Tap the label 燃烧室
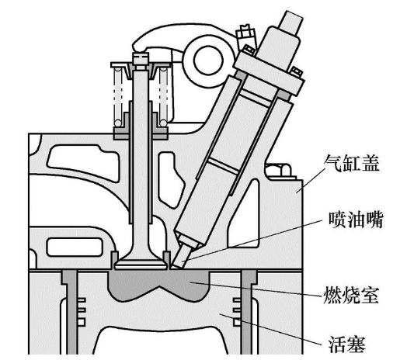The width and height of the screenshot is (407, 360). pos(351,295)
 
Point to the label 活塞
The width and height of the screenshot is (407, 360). pos(347,344)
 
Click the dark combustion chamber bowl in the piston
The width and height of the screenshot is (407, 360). pos(158,285)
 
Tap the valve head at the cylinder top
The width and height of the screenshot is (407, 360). pos(141,263)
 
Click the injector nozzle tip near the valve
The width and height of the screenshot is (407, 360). pos(182,257)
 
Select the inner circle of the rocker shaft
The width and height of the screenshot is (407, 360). pos(209,61)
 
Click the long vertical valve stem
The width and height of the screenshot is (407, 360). pos(141,161)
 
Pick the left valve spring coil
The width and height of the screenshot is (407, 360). pos(118,97)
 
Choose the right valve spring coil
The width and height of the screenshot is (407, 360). pos(164,97)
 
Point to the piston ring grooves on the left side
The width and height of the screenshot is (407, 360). pos(82,312)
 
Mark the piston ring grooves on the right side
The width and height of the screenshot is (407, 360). pos(237,312)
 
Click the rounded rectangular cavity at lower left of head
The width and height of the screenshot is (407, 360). pos(74,247)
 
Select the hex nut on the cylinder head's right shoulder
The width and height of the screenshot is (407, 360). pos(279,171)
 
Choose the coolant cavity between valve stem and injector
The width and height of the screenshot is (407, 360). pos(170,179)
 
